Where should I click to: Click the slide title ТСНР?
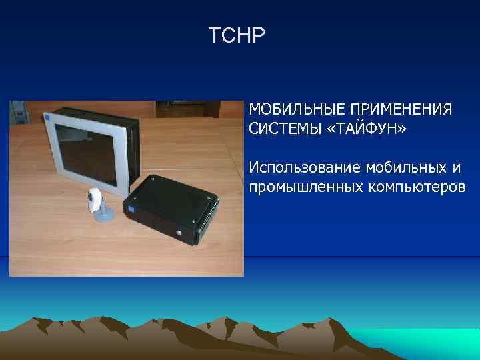click(x=237, y=35)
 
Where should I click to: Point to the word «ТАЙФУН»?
click(x=362, y=128)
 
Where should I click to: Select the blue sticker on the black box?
click(x=131, y=207)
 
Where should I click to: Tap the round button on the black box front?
click(x=179, y=233)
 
